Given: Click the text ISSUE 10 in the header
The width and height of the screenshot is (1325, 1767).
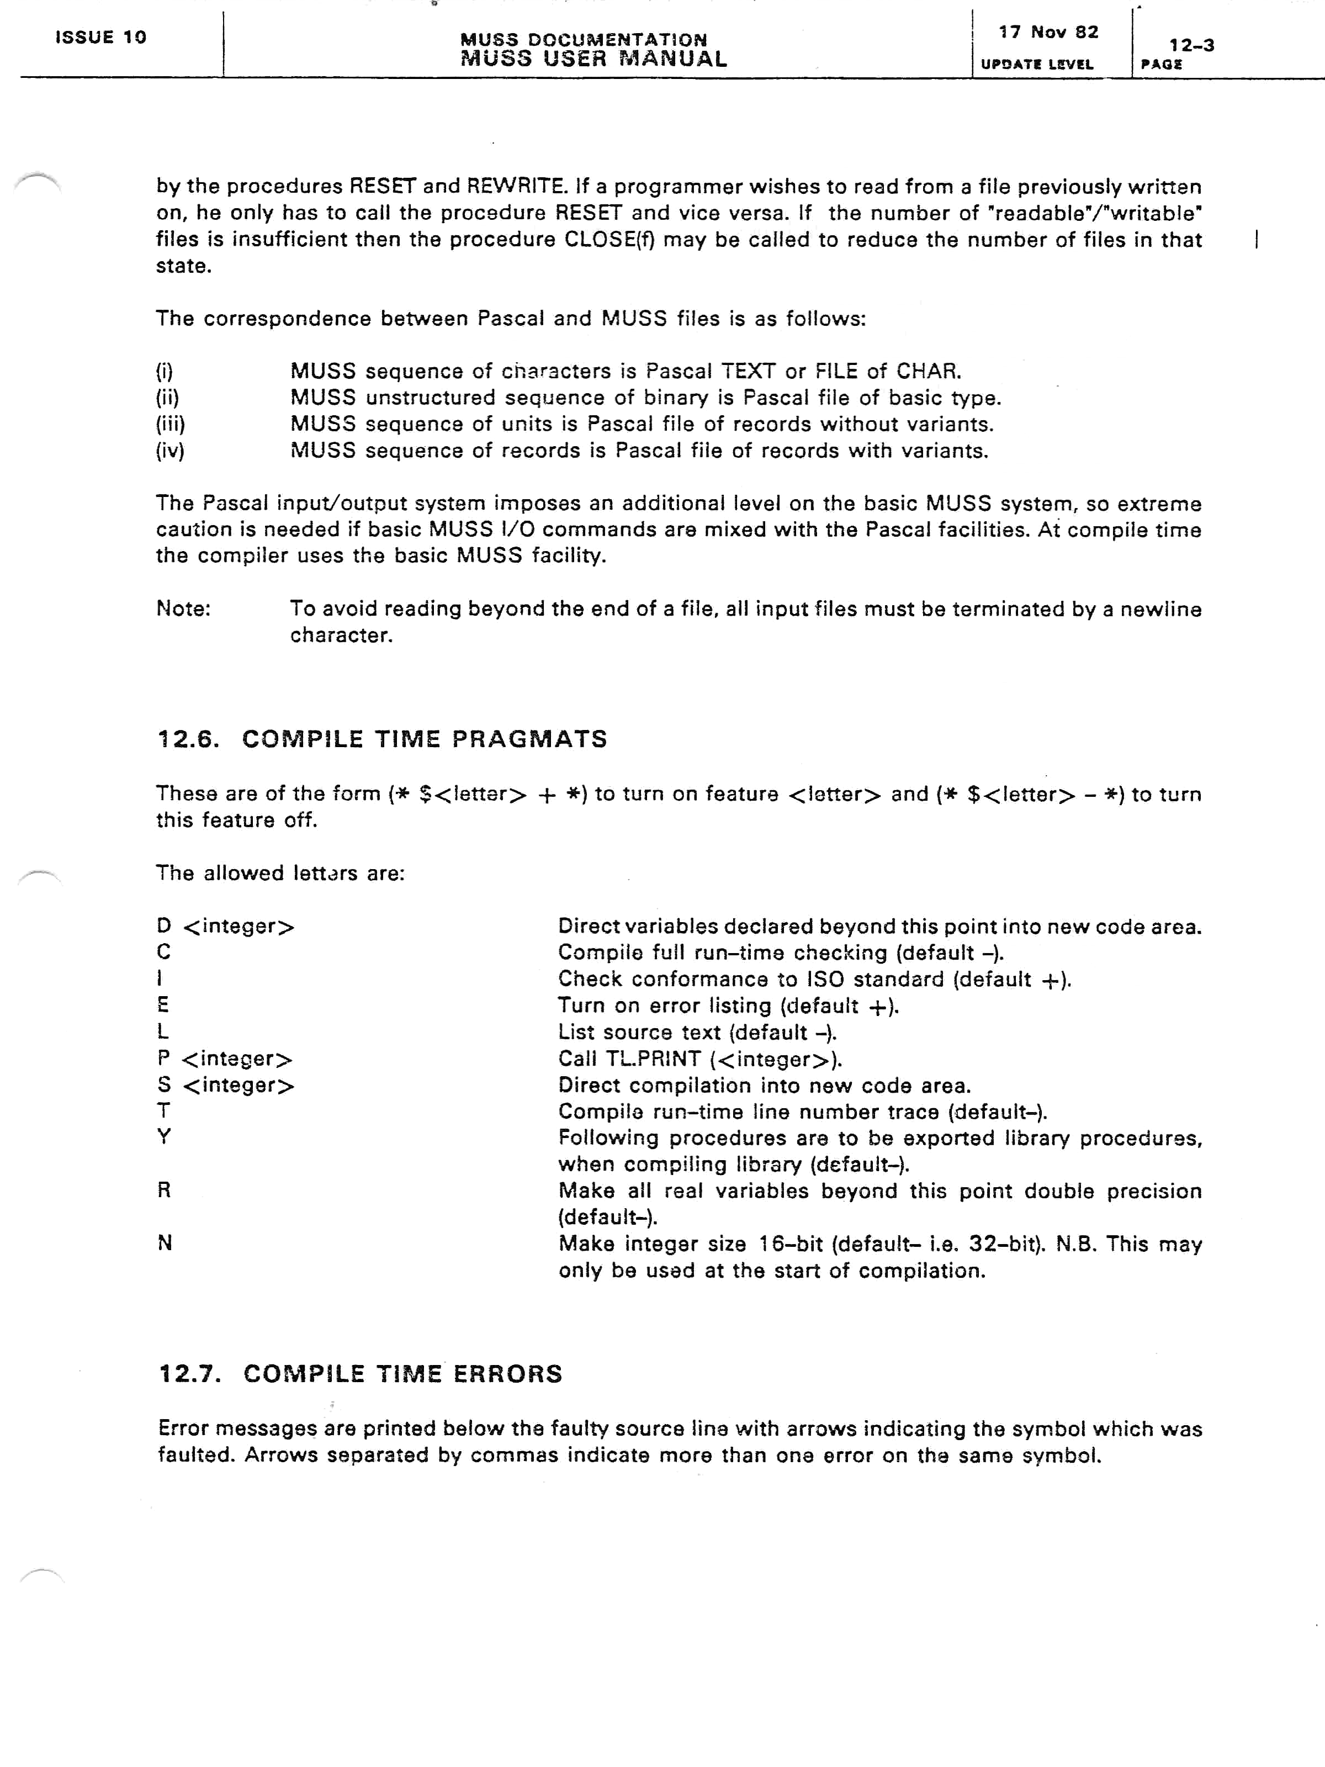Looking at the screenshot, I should click(100, 37).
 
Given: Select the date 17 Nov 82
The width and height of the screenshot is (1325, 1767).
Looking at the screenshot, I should click(1048, 32).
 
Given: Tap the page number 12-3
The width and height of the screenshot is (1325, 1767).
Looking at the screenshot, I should click(1191, 45).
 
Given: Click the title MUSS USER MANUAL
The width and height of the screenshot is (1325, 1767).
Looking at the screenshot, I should click(593, 59).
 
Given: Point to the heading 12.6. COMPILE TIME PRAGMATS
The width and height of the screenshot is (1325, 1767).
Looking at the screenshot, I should click(382, 739).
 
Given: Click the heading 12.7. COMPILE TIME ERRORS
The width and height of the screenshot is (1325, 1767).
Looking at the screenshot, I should click(360, 1373).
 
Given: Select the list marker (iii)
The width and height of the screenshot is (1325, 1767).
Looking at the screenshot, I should click(170, 424).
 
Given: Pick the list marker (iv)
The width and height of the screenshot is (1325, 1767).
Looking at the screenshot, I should click(170, 451).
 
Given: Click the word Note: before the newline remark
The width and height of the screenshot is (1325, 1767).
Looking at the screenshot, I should click(183, 609).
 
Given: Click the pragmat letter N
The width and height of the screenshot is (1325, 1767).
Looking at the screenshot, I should click(165, 1243).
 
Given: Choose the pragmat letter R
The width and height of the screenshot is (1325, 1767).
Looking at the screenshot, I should click(164, 1191).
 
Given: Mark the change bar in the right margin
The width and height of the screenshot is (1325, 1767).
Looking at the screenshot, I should click(1257, 240).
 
